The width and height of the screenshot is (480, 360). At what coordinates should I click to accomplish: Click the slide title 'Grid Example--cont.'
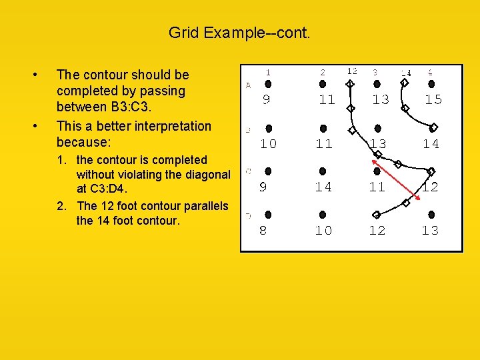click(x=239, y=32)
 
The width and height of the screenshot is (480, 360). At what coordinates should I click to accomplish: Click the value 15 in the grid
click(x=433, y=99)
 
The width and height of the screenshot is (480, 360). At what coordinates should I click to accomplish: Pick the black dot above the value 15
click(x=431, y=84)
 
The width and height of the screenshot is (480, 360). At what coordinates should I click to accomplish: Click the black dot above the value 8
click(x=267, y=215)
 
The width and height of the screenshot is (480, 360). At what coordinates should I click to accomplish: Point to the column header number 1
click(x=268, y=71)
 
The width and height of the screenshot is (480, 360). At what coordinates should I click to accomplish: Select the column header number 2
click(x=323, y=71)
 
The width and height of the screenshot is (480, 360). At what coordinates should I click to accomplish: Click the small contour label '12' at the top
click(x=351, y=71)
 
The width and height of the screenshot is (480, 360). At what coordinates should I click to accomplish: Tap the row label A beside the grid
click(x=248, y=85)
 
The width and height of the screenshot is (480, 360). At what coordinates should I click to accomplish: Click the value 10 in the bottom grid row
click(x=323, y=231)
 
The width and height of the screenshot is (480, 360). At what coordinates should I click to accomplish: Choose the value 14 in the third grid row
click(x=323, y=187)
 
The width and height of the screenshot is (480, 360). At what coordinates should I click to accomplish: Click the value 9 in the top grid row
click(x=267, y=99)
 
